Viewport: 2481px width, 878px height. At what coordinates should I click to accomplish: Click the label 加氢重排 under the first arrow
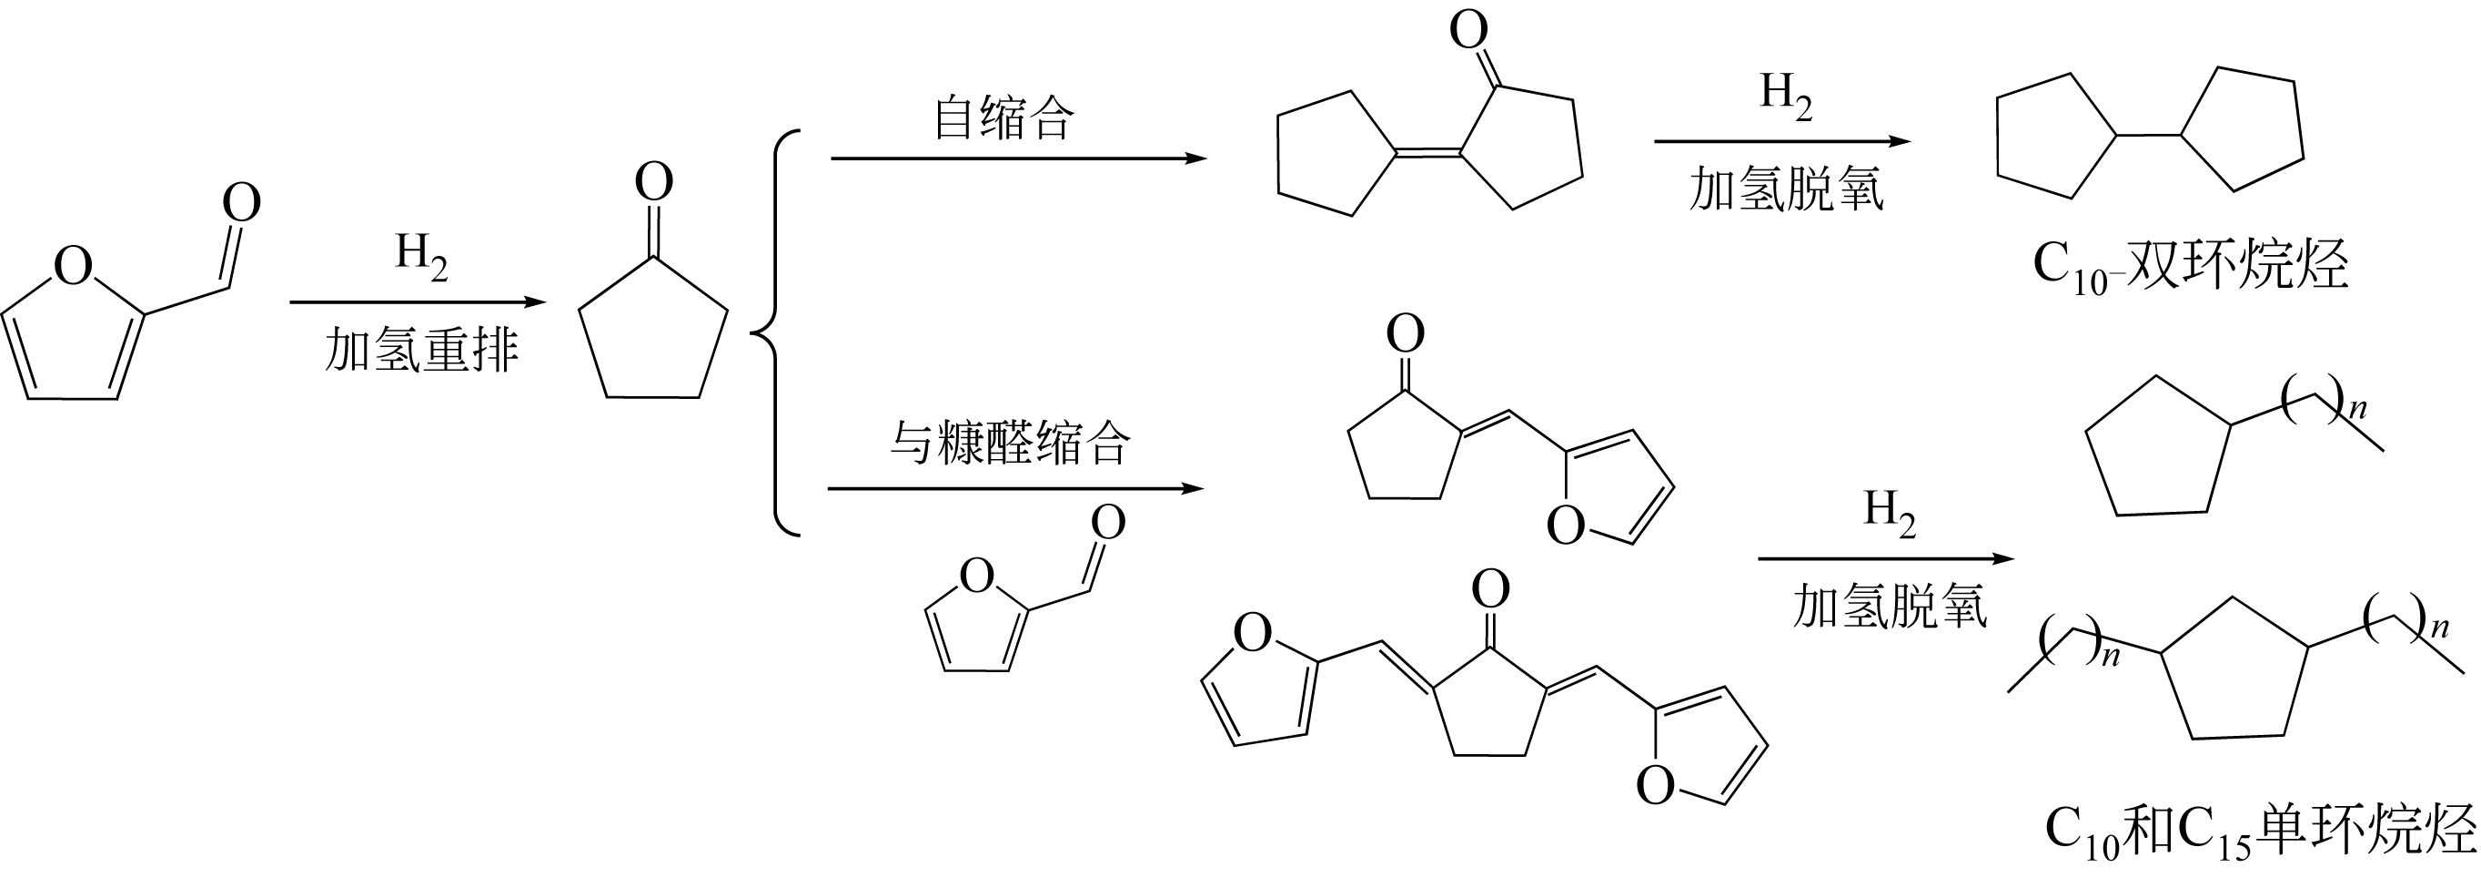421,351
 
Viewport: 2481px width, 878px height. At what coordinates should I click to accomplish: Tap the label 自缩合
1003,119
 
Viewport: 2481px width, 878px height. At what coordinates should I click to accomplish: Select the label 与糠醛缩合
1008,444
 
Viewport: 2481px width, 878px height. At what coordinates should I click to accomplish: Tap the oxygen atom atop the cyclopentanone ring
654,182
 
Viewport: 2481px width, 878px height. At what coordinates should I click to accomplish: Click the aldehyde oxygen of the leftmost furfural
242,203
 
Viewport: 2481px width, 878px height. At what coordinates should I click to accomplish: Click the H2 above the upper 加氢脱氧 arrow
1786,94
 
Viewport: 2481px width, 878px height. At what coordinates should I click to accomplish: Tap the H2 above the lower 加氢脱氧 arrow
1889,511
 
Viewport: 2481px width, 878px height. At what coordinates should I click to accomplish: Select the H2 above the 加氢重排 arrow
421,255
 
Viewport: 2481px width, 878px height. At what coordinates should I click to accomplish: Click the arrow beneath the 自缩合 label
1018,159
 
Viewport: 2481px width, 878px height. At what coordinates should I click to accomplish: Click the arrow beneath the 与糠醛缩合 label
1015,488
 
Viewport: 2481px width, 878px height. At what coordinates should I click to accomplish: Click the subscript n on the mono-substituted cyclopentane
2356,409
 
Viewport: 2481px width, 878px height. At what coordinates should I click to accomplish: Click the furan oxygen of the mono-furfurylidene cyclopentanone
1565,526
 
